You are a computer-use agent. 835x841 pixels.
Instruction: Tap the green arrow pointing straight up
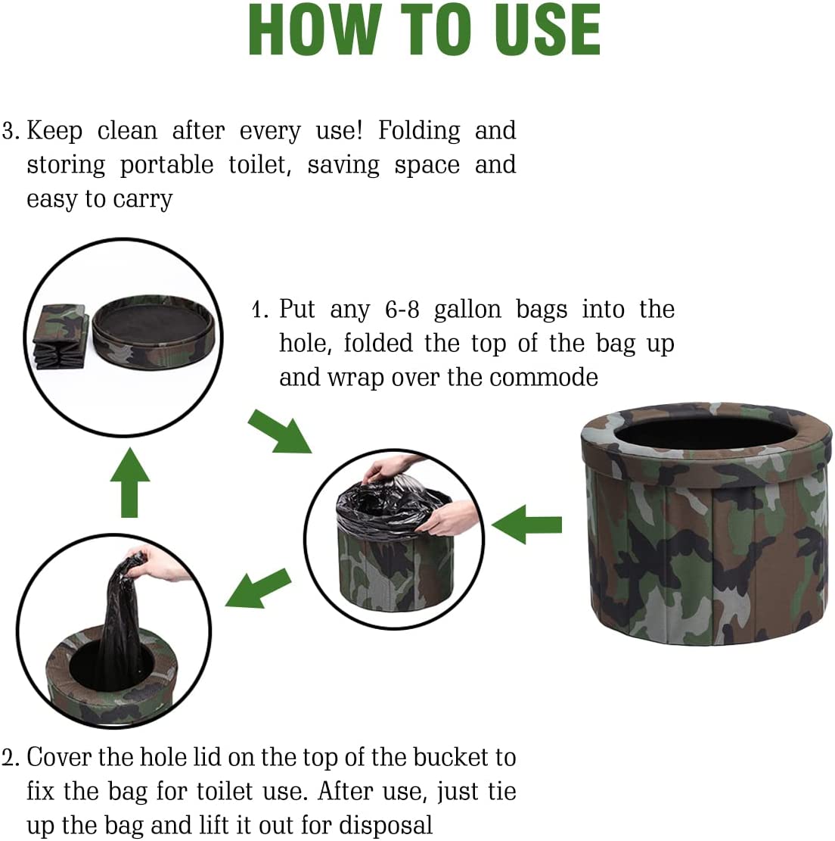tap(129, 483)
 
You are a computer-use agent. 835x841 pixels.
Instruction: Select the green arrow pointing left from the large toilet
tap(527, 524)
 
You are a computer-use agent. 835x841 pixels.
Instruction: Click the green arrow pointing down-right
tap(279, 431)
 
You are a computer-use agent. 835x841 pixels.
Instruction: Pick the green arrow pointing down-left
tap(258, 588)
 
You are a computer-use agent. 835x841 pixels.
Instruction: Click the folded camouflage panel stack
tap(61, 337)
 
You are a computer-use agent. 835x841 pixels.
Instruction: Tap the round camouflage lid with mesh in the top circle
tap(154, 331)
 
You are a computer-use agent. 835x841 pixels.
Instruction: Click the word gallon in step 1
tap(467, 310)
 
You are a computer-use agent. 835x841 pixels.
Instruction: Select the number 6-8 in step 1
tap(402, 310)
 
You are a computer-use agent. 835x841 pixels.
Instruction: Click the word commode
tap(544, 377)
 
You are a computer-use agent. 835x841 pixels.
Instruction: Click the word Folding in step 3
tap(419, 131)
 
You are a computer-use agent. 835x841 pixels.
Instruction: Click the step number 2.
tap(10, 758)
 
